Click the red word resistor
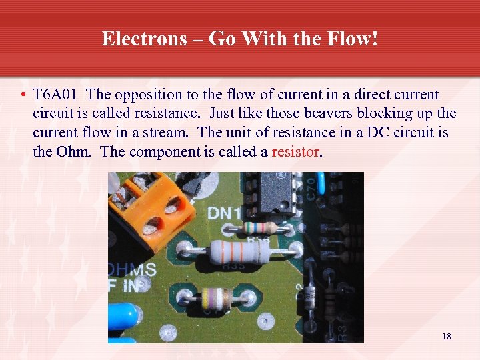coord(295,151)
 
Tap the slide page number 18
coord(446,337)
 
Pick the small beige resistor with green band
coord(263,227)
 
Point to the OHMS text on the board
coord(133,270)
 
